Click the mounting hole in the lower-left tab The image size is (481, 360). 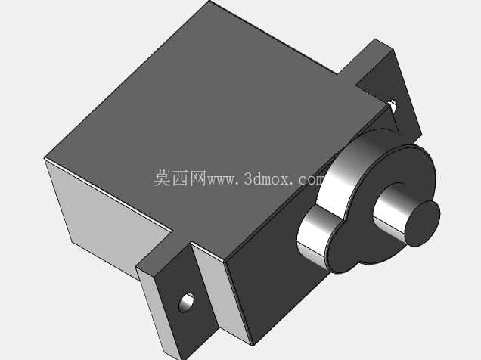tap(187, 303)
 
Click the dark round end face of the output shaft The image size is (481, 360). tap(423, 224)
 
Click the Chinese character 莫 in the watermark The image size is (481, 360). tap(162, 178)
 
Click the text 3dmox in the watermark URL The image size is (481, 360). tap(266, 178)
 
